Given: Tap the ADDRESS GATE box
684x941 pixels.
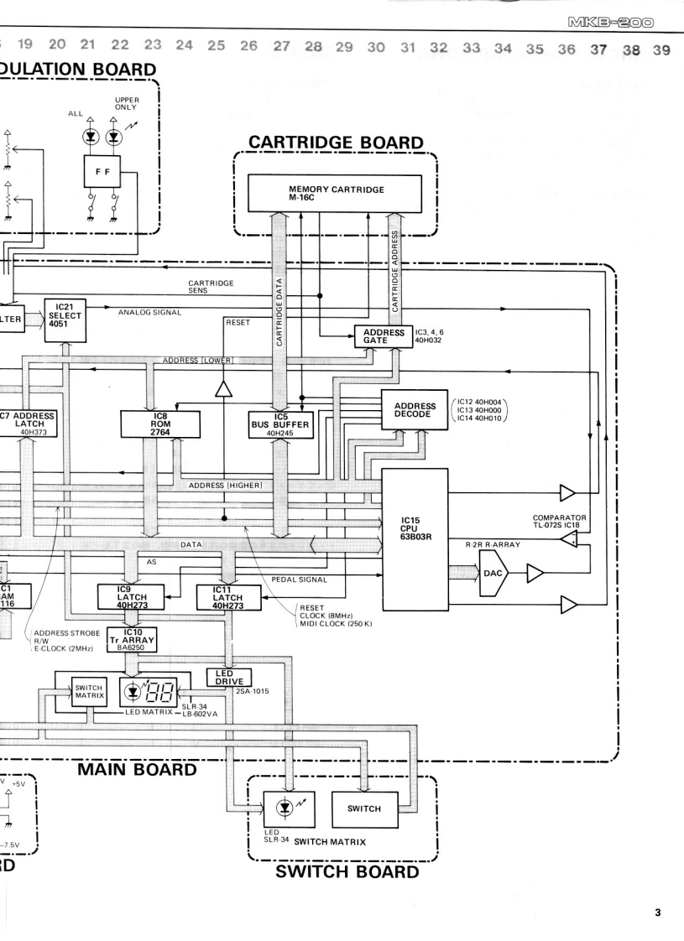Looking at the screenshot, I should click(x=379, y=337).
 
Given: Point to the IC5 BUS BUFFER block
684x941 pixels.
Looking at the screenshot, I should click(x=280, y=424).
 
